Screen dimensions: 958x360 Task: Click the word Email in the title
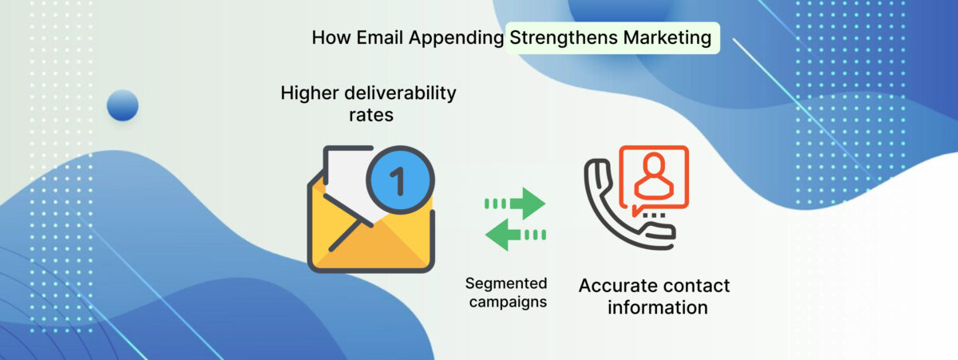tap(380, 38)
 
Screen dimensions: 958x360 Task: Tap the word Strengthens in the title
tap(564, 38)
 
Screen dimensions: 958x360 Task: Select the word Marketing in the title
tap(667, 38)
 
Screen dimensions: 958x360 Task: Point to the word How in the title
tap(331, 38)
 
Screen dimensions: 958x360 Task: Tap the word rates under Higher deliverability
tap(370, 115)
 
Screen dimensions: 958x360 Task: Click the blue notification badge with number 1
tap(400, 180)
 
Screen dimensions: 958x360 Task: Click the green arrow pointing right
tap(515, 204)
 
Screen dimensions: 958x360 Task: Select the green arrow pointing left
tap(516, 235)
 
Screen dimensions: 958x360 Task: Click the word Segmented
tap(506, 283)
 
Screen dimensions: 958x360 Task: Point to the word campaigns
tap(508, 303)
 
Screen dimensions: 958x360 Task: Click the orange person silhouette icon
tap(654, 176)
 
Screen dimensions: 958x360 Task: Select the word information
tap(658, 307)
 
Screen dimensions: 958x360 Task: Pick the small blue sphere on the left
tap(123, 105)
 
